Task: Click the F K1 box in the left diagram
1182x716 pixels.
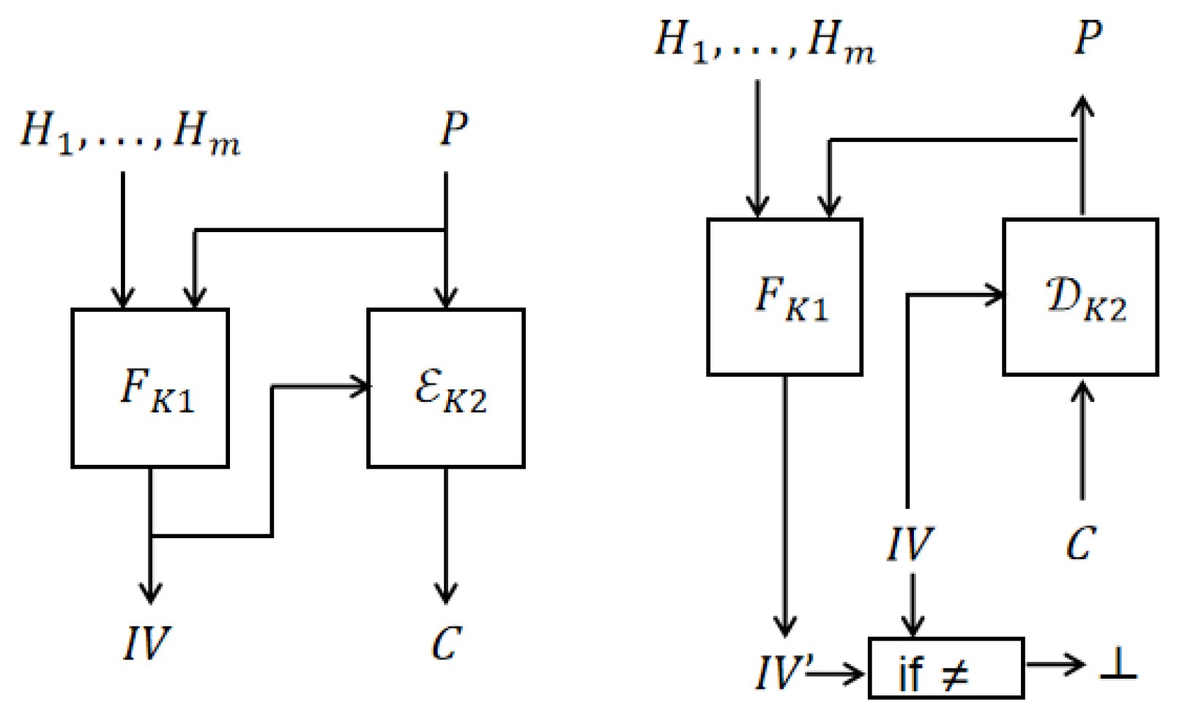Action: pos(150,388)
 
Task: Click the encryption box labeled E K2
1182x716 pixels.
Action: pos(446,388)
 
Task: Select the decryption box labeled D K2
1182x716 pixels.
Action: pos(1080,297)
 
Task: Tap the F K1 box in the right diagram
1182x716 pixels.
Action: pos(784,297)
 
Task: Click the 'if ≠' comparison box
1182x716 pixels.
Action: pos(945,668)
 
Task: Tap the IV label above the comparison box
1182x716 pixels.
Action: pos(909,545)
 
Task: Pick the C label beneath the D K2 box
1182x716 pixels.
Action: pos(1081,545)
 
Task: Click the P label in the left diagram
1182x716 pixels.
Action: pos(453,129)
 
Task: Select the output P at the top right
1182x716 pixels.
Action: pos(1088,38)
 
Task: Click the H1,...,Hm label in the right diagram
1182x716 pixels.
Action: pos(764,41)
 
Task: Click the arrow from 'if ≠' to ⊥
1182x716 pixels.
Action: pos(1056,665)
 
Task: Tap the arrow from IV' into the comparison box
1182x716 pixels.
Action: pos(836,672)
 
